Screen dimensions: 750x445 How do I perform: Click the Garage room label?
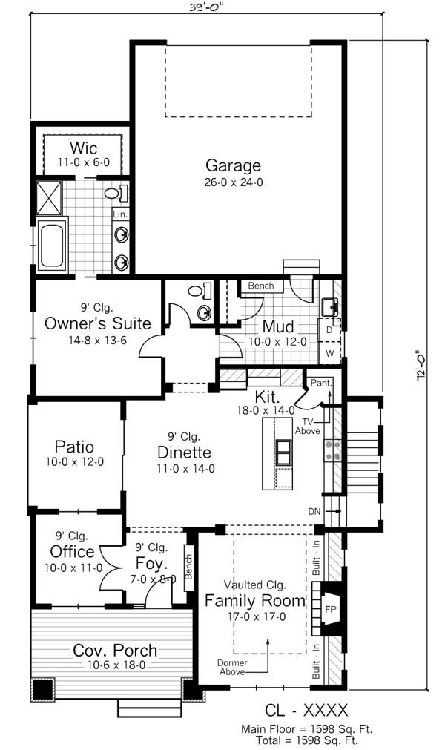tap(233, 165)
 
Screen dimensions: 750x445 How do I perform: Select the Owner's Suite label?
tap(98, 323)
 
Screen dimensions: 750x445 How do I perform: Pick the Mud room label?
tap(278, 326)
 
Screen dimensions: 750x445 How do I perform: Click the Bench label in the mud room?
tap(261, 286)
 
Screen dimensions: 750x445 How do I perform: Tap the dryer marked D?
tap(329, 329)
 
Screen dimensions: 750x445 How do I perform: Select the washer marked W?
tap(329, 352)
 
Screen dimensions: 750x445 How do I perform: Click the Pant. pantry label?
tap(320, 383)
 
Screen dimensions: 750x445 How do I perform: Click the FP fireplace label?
tap(331, 609)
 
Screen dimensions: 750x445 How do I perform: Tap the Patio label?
tap(74, 447)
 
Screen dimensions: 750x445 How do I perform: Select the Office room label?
tap(72, 551)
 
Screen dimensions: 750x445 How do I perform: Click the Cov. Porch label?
tap(115, 651)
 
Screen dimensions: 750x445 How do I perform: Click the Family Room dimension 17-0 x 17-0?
tap(256, 616)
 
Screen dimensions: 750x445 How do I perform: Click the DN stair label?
tap(314, 511)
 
